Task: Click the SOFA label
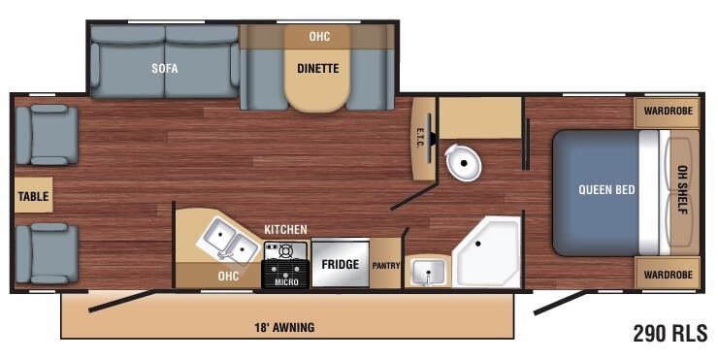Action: pos(164,69)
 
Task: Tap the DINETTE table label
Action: pos(317,69)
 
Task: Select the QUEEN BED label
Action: pos(606,189)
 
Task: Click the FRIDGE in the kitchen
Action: pos(340,264)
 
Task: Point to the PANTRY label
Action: pos(385,265)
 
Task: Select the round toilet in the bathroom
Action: pos(464,165)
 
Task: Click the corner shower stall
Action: pos(488,252)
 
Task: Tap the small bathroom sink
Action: pos(426,271)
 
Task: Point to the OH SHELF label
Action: pos(682,189)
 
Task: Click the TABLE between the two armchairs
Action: pos(33,195)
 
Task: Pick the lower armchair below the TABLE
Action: pos(46,253)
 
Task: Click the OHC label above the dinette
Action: pos(319,37)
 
